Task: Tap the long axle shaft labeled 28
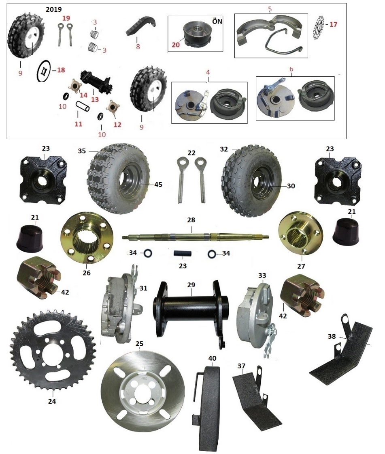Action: click(195, 236)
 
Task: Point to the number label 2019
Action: click(54, 9)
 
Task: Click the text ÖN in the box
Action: click(217, 22)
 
